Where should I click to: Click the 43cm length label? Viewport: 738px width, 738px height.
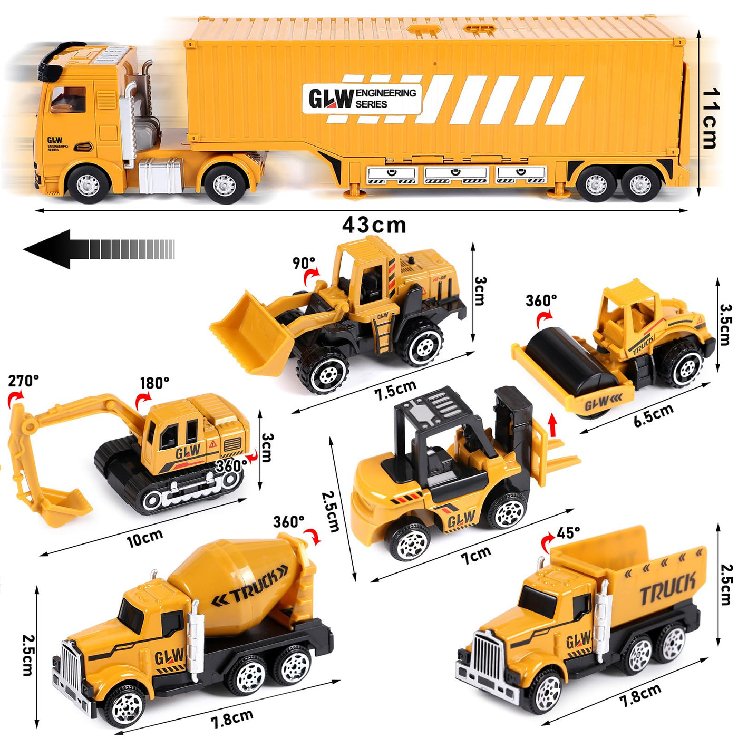coord(374,225)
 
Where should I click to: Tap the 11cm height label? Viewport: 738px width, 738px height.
coord(711,119)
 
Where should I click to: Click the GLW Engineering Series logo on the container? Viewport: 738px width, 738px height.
coord(362,99)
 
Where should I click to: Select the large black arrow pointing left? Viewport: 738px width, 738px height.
coord(98,249)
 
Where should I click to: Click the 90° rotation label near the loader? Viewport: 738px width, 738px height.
coord(304,263)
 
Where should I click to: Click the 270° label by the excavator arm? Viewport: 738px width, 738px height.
coord(23,381)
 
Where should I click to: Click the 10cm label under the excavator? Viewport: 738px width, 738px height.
coord(145,538)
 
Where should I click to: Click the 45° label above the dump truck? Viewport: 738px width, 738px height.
coord(568,533)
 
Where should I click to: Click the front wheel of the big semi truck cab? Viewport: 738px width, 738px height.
coord(88,184)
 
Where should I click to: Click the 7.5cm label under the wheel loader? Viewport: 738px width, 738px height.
coord(395,391)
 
